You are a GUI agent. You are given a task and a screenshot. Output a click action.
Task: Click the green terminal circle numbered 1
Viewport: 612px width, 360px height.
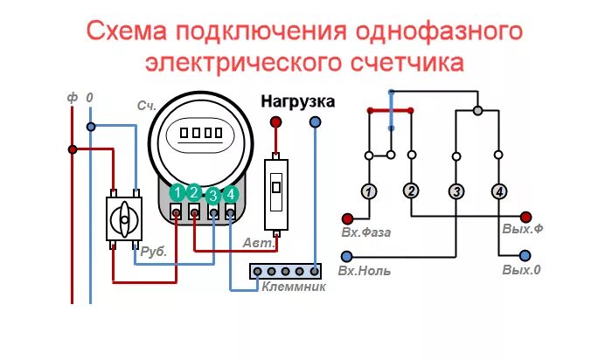point(177,193)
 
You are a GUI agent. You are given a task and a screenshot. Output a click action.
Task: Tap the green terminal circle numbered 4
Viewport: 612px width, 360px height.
point(231,194)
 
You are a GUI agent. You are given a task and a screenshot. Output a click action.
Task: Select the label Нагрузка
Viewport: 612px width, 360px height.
point(297,101)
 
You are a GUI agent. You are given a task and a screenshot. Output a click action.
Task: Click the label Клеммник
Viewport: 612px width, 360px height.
point(295,287)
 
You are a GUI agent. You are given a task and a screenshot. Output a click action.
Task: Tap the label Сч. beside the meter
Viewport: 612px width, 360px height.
point(146,105)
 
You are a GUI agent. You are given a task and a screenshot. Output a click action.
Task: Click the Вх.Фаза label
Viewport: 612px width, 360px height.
point(365,233)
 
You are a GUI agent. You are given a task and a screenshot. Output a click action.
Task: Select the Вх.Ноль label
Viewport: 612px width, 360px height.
point(365,271)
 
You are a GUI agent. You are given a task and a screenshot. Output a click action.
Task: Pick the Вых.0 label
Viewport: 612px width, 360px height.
point(521,270)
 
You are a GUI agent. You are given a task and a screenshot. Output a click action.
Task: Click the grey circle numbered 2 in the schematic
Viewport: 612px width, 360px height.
point(411,190)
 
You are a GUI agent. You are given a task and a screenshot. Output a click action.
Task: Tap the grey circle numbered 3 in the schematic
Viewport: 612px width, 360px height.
point(456,190)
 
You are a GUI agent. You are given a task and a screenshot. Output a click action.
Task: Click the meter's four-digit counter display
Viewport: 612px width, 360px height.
point(202,134)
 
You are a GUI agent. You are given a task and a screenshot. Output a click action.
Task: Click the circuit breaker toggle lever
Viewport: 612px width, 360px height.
point(277,186)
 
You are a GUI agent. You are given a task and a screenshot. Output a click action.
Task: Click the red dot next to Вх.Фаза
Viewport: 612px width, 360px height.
point(347,218)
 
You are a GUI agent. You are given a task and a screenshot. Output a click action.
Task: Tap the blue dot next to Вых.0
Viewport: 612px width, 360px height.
point(525,255)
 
